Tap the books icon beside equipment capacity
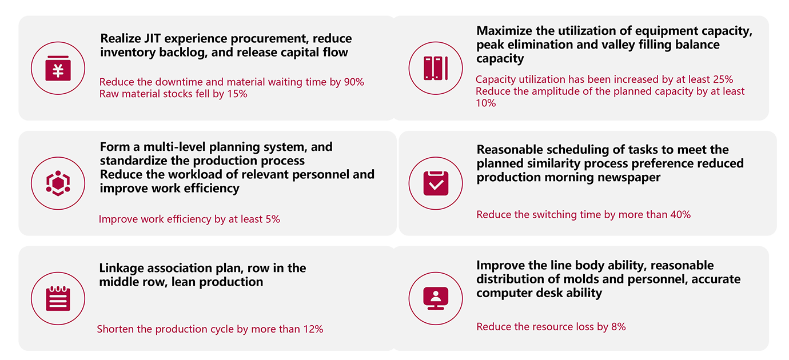436,68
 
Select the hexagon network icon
58,182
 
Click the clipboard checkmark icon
436,182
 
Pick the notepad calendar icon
58,298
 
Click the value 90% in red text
354,82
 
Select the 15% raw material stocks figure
237,94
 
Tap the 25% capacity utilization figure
723,79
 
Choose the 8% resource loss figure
618,327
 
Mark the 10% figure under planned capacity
486,103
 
